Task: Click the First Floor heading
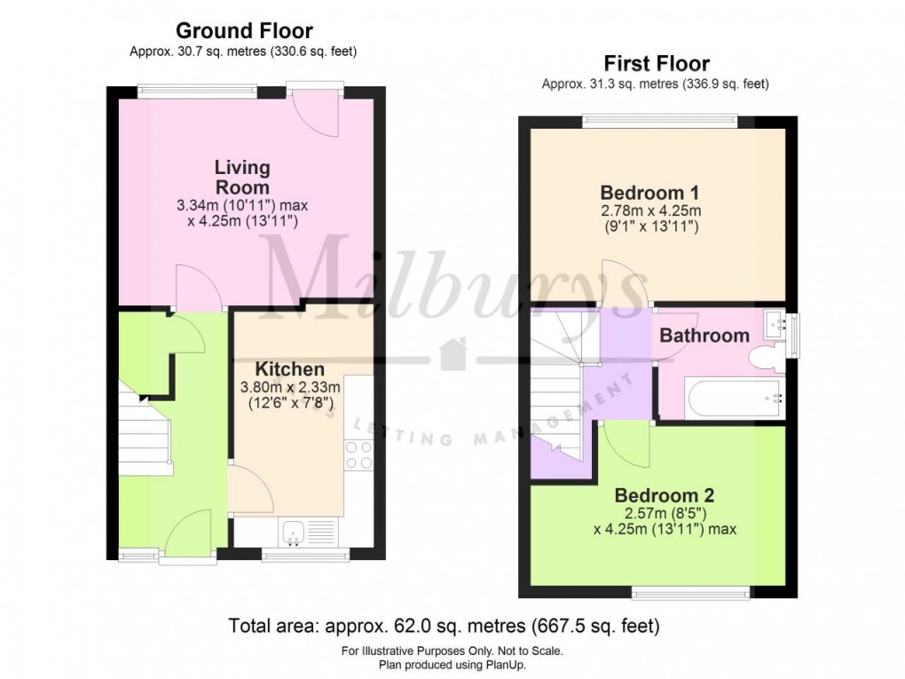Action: click(x=656, y=64)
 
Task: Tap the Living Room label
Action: click(x=242, y=177)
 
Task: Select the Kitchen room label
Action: click(x=289, y=368)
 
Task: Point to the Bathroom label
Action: click(x=704, y=336)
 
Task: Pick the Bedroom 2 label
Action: click(x=665, y=495)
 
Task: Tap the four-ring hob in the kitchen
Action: click(x=358, y=455)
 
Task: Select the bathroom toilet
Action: click(x=763, y=359)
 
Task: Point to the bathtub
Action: click(x=733, y=398)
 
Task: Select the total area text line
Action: click(x=444, y=626)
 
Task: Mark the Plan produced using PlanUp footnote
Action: click(x=452, y=664)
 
